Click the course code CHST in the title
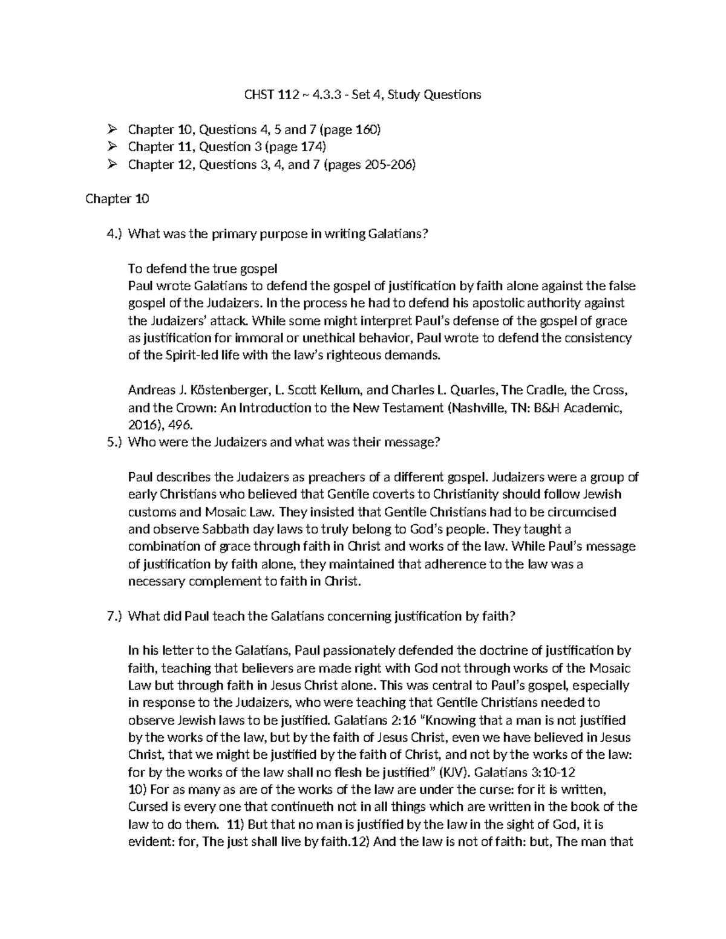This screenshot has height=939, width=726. (x=259, y=94)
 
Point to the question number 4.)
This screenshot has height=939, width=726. (x=114, y=234)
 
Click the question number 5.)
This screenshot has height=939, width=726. (x=114, y=442)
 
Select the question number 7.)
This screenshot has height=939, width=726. (x=114, y=616)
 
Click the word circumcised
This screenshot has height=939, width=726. (x=581, y=512)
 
